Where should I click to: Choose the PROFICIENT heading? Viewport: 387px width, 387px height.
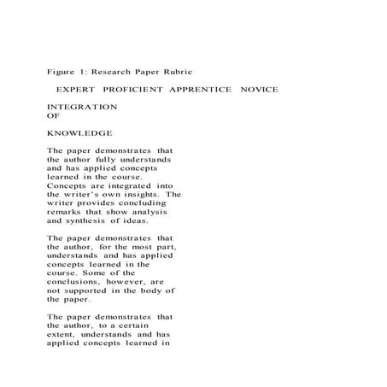pos(132,90)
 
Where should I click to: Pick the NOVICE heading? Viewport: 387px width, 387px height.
pos(259,90)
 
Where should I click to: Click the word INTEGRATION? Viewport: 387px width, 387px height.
pos(82,107)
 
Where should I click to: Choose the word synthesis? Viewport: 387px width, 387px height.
pos(79,220)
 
